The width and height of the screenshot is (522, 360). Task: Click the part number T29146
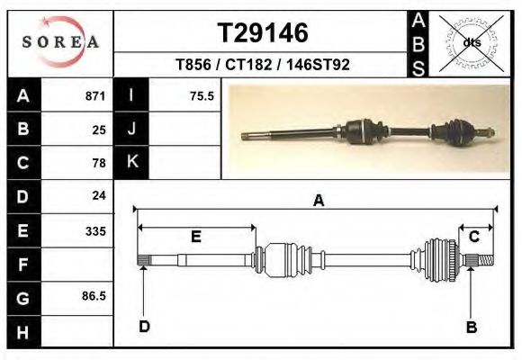pos(263,33)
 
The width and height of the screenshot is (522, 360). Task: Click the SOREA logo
pos(60,42)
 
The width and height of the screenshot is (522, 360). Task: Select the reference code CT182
pos(248,64)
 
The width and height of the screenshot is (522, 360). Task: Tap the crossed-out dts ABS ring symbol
pos(471,43)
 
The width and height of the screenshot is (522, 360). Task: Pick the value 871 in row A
pos(95,96)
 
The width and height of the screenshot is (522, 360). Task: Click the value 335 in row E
pos(95,231)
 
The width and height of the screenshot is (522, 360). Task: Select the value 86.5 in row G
pos(94,296)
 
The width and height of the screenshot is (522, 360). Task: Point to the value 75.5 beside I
pos(202,96)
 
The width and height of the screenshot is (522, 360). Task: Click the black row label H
pos(23,332)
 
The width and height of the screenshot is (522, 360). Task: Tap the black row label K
pos(131,162)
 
